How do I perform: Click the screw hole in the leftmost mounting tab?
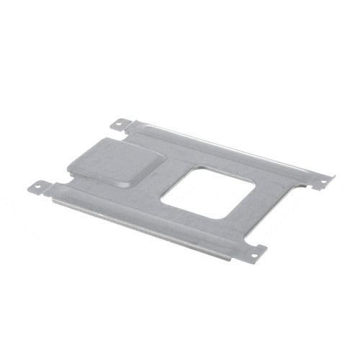(37, 186)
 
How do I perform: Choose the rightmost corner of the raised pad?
(158, 156)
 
